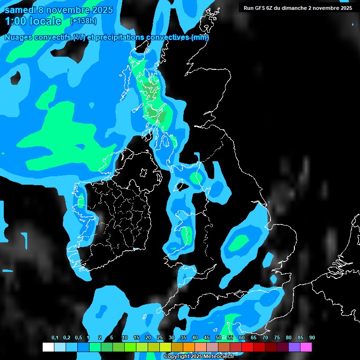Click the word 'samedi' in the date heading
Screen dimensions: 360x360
click(20, 10)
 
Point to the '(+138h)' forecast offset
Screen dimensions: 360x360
click(83, 21)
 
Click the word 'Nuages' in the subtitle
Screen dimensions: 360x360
click(21, 37)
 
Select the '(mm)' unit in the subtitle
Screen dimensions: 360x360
click(200, 37)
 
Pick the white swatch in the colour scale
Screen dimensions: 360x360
click(48, 347)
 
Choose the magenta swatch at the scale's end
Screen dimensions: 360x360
click(306, 347)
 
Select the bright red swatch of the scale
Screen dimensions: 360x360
click(247, 347)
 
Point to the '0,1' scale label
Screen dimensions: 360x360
click(55, 338)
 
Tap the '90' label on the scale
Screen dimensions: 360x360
click(312, 338)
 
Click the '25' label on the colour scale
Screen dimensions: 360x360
click(160, 338)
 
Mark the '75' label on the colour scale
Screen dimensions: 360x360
click(277, 338)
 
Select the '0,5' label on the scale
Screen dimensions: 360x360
click(78, 338)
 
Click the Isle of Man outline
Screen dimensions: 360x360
click(180, 187)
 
